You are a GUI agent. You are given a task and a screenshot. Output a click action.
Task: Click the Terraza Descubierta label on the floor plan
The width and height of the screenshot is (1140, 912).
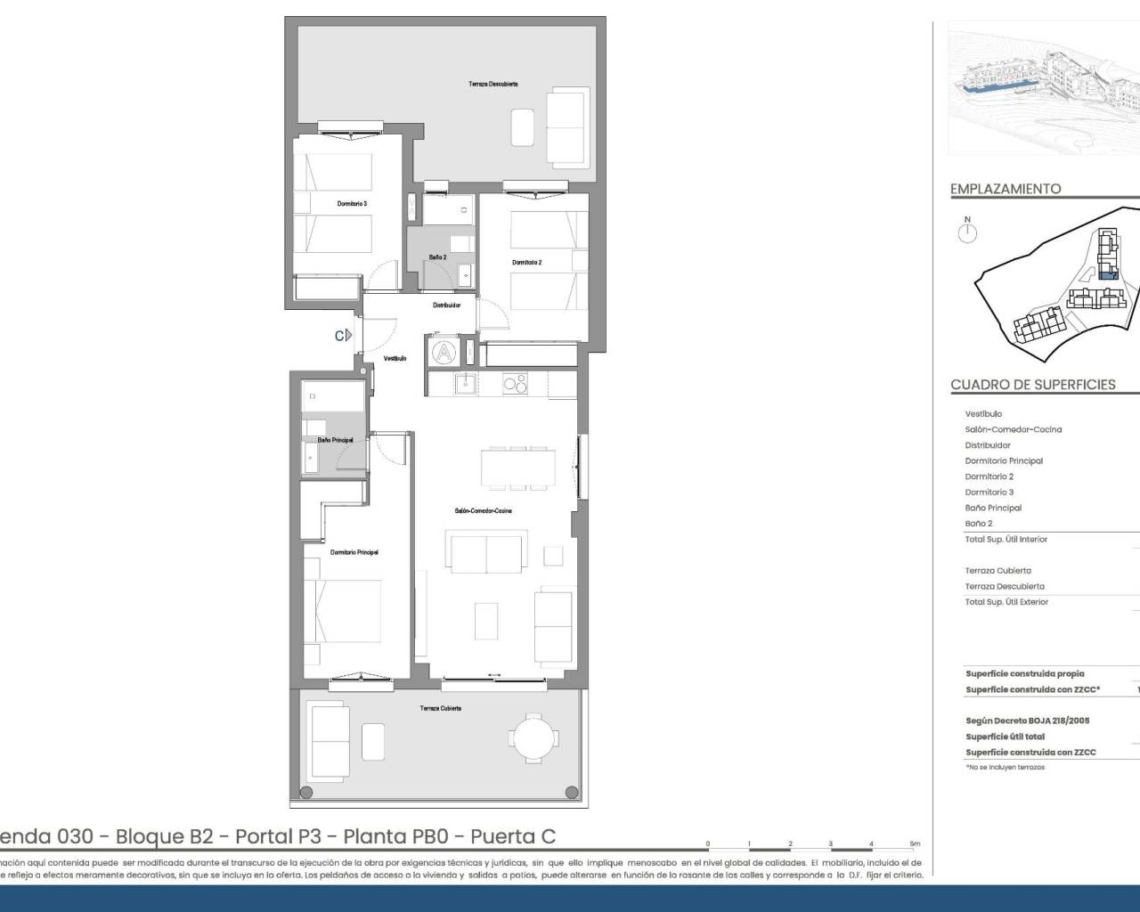493,84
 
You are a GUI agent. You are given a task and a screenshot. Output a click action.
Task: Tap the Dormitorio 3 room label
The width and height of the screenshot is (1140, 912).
352,204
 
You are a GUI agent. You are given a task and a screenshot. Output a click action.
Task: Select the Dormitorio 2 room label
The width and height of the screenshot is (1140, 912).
526,263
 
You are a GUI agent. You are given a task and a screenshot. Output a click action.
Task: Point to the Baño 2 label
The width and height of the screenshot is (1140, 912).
437,257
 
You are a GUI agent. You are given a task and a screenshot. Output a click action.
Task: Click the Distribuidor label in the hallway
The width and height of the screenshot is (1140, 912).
446,305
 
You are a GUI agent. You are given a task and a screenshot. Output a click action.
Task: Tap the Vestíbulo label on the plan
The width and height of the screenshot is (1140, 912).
395,358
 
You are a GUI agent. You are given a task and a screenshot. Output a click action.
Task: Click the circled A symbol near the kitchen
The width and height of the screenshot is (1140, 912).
443,353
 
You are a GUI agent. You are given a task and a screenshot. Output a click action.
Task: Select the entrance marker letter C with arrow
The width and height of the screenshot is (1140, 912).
343,336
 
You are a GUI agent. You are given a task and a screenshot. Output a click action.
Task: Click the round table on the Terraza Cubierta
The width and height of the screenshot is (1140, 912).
534,737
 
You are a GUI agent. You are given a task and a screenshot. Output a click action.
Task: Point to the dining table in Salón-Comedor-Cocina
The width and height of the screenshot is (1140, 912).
517,468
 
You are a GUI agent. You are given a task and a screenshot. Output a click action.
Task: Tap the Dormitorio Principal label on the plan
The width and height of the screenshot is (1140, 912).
354,552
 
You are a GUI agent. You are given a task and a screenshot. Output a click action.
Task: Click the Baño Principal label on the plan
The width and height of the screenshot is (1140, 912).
335,440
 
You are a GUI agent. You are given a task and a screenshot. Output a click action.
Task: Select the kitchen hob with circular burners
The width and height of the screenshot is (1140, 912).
515,385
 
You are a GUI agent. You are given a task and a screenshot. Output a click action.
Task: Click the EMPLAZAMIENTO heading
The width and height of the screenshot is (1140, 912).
1006,189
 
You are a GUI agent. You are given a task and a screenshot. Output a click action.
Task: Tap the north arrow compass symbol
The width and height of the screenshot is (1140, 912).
967,232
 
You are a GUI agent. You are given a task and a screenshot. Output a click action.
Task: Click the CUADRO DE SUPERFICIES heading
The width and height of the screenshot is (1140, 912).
1032,385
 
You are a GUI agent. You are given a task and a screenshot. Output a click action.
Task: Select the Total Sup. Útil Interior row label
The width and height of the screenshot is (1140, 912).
1006,540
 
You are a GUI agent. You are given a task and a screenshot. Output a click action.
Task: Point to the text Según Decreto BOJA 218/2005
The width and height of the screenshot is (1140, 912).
1027,721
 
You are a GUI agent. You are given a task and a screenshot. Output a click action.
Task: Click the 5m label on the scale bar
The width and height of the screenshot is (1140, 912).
914,843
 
